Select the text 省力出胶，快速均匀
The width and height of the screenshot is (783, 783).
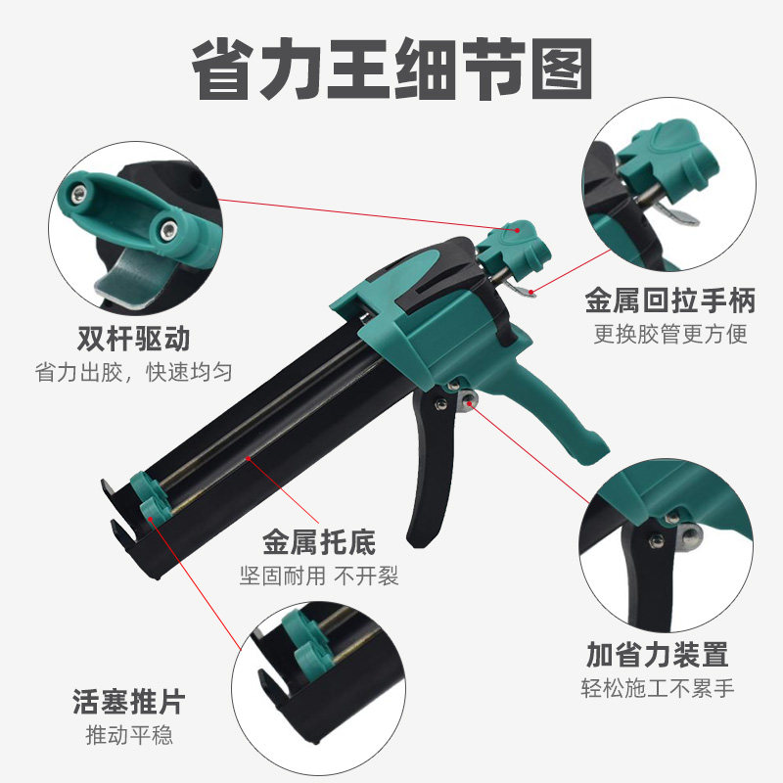[x=136, y=374]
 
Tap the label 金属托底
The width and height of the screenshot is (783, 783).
[x=319, y=540]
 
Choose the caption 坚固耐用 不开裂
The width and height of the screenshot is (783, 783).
[x=319, y=576]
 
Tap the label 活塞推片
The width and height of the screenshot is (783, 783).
[x=128, y=701]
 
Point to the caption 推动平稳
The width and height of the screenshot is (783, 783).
[x=128, y=736]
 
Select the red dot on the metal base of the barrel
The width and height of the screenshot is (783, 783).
[x=251, y=457]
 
